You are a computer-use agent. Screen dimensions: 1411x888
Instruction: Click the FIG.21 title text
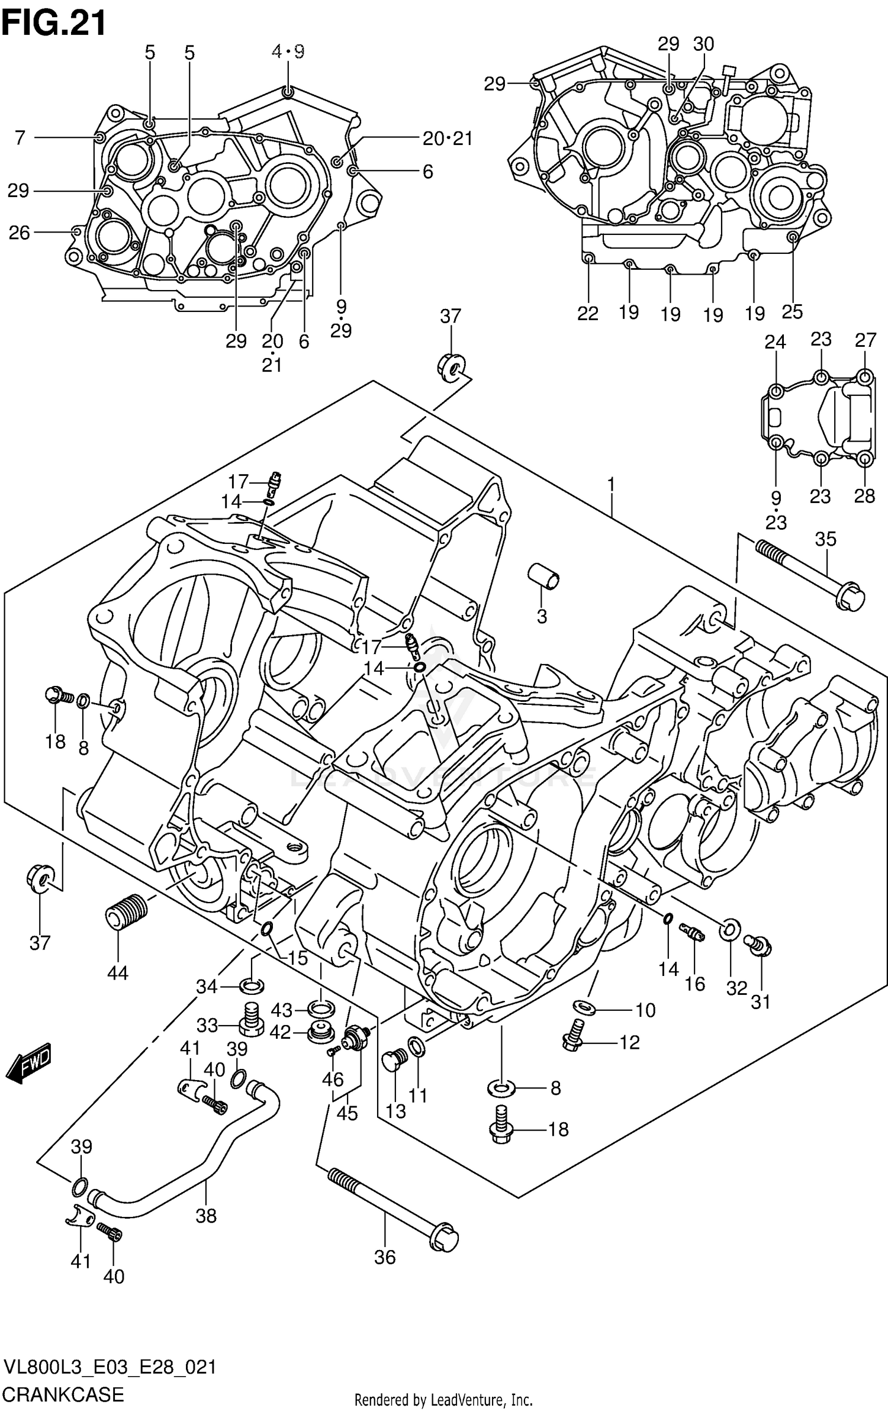(x=54, y=24)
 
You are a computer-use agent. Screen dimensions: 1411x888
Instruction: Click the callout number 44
(x=117, y=972)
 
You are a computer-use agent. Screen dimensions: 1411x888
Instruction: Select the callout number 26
(x=19, y=233)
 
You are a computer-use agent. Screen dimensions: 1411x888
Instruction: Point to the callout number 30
(x=703, y=44)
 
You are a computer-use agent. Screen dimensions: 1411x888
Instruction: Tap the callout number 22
(x=588, y=313)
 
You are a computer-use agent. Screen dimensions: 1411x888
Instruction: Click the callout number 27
(x=865, y=340)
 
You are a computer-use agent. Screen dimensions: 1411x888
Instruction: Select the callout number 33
(x=207, y=1025)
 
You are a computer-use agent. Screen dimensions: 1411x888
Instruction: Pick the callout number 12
(x=630, y=1042)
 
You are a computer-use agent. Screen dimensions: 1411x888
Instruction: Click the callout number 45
(x=347, y=1113)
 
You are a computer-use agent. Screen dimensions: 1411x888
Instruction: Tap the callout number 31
(x=761, y=1002)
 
